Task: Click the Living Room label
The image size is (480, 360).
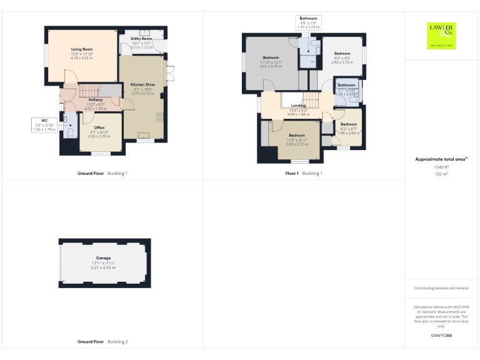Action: pos(82,49)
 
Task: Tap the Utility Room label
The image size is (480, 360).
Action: pos(141,39)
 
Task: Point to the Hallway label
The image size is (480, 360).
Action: pos(95,100)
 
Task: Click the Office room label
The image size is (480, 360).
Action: pos(99,127)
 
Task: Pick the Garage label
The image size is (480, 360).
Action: pos(103,258)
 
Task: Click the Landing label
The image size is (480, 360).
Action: pos(298,106)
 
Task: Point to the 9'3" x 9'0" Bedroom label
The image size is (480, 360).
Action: pos(342,54)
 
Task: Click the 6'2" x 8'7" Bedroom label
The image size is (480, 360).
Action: pos(348,124)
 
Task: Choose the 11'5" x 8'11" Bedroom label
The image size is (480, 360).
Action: pos(296,136)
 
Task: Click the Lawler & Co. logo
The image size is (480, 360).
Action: pos(441,35)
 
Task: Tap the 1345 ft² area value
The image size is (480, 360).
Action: pos(441,167)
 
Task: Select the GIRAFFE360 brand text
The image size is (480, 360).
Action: pos(441,336)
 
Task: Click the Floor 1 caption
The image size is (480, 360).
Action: pos(291,172)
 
